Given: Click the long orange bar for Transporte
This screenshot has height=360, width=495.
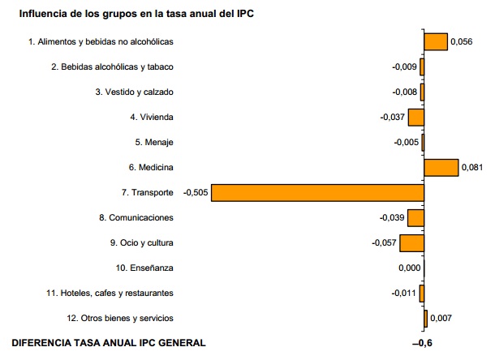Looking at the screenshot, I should (x=317, y=192).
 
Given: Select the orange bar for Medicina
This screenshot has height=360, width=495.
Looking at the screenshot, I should (x=441, y=167).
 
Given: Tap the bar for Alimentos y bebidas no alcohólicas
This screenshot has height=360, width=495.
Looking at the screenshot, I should (x=436, y=41).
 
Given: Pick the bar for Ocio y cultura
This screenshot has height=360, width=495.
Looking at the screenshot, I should (x=411, y=242).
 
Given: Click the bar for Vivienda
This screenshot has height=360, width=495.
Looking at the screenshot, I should (x=415, y=117).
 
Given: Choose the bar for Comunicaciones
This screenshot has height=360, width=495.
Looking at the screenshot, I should (x=415, y=217).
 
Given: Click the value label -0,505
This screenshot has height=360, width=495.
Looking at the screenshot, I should (x=196, y=192).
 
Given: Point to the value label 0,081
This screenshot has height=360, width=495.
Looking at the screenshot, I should (x=472, y=168).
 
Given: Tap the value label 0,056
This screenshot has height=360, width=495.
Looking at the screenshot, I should (x=462, y=42).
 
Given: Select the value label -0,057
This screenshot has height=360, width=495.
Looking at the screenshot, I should (x=384, y=243).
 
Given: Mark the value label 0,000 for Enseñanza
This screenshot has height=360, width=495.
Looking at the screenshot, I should (x=410, y=268).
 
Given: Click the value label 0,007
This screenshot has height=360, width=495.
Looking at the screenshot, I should (x=441, y=319).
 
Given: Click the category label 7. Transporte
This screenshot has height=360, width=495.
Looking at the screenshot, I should (x=146, y=192).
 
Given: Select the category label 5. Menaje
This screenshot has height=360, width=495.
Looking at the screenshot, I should (x=154, y=142).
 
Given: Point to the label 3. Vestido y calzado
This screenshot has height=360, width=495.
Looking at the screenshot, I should (x=134, y=92).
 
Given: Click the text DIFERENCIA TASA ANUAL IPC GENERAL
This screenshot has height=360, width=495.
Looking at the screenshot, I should (x=109, y=343).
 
